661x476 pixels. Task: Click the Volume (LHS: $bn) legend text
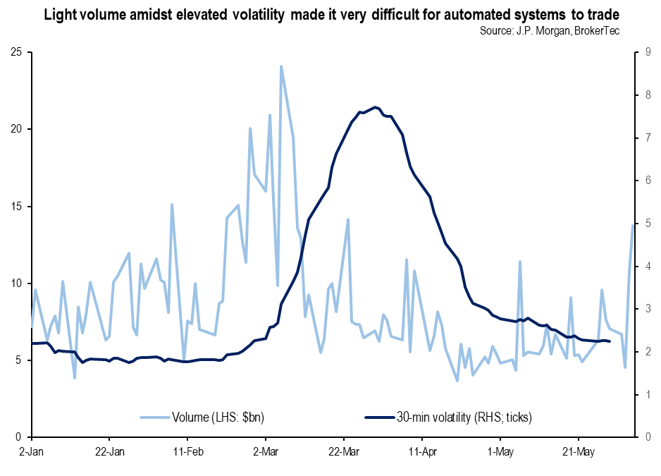click(218, 417)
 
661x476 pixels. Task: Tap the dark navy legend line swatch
click(381, 417)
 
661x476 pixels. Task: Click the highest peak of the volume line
click(281, 66)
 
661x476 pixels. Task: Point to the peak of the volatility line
click(376, 107)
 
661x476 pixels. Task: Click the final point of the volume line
click(633, 225)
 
